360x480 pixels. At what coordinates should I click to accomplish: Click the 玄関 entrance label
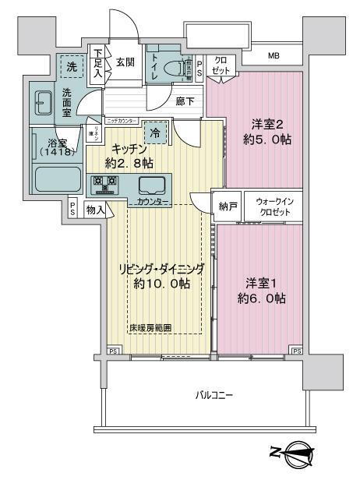[x=125, y=62]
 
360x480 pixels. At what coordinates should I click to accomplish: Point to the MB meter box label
[x=274, y=56]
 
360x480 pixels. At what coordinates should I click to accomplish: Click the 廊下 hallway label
[x=185, y=101]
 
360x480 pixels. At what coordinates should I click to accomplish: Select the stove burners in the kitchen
[x=105, y=185]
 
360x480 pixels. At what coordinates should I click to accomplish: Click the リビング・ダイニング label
[x=161, y=268]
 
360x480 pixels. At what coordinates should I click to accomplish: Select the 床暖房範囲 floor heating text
[x=150, y=328]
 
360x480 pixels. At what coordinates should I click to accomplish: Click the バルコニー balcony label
[x=214, y=395]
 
